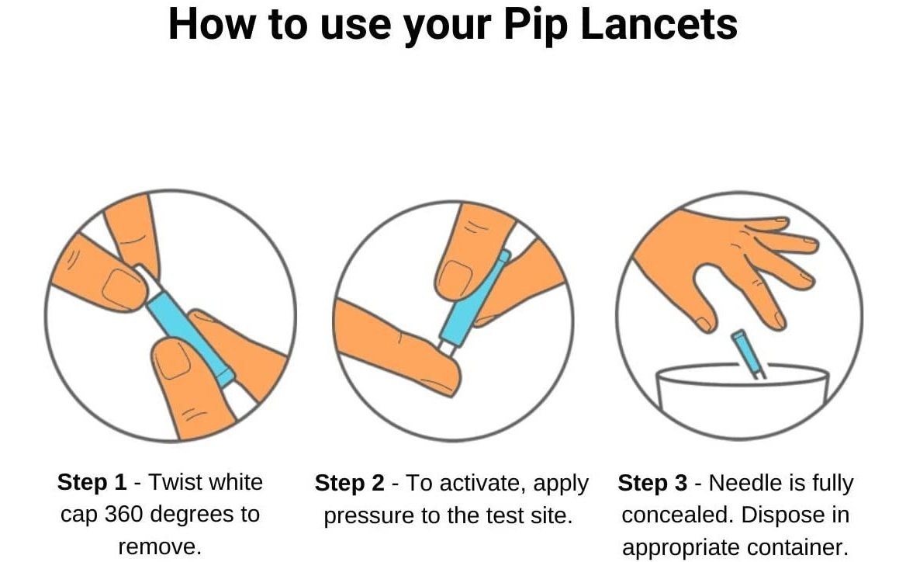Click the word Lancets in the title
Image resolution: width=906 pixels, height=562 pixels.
pos(659,24)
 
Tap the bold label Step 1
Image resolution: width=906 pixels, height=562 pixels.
pos(92,482)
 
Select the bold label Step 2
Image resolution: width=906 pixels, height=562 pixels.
pos(350,483)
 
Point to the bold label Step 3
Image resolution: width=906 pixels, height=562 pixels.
pos(652,483)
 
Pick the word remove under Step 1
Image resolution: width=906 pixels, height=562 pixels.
pos(157,546)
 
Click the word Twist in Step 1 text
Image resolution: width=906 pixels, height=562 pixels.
pos(175,482)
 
